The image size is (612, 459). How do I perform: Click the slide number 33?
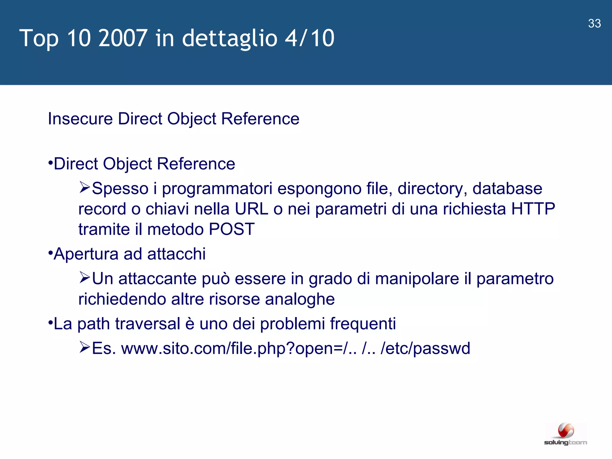point(594,24)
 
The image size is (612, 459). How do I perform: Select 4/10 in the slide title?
point(310,38)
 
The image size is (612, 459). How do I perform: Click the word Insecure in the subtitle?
point(80,119)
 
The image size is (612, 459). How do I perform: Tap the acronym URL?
point(251,209)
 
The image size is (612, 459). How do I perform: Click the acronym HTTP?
point(533,209)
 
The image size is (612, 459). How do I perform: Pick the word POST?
point(232,229)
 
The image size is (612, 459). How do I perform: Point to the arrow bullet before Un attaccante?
point(85,278)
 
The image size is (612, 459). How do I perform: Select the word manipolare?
point(417,279)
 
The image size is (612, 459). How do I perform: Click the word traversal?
point(148,324)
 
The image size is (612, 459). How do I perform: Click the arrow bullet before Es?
point(85,347)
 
